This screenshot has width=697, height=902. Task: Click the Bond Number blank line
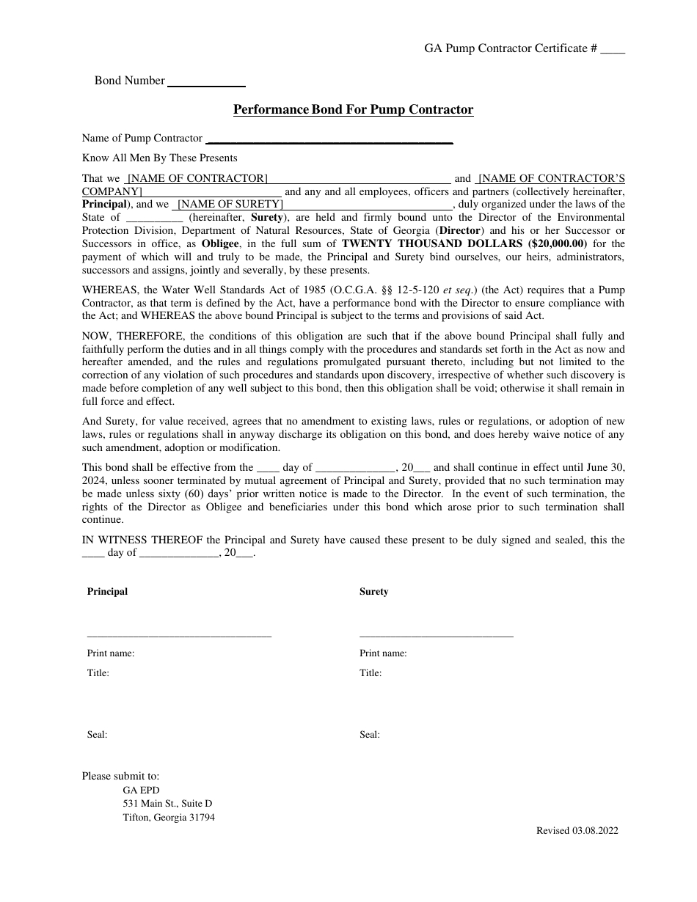coord(206,85)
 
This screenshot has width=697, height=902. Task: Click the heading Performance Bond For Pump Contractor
coord(353,110)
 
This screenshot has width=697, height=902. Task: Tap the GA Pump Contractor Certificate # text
coord(511,48)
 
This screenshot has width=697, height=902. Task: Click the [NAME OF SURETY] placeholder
coord(230,205)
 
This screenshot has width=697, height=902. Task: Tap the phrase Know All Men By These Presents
coord(159,158)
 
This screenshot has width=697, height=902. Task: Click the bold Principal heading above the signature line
coord(107,592)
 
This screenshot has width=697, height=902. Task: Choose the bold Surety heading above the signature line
coord(373,592)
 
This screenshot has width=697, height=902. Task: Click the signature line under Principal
coord(179,636)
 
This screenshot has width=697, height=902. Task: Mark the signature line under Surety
coord(436,636)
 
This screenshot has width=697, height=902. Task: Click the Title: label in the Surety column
coord(370,673)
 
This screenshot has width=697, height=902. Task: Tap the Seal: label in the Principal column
coord(97,735)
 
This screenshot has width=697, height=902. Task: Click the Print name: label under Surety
coord(382,653)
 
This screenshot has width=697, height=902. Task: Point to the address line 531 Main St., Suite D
coord(167,804)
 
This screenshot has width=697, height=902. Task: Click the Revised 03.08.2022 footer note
coord(577,831)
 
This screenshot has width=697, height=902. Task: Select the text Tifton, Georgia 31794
coord(169,818)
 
